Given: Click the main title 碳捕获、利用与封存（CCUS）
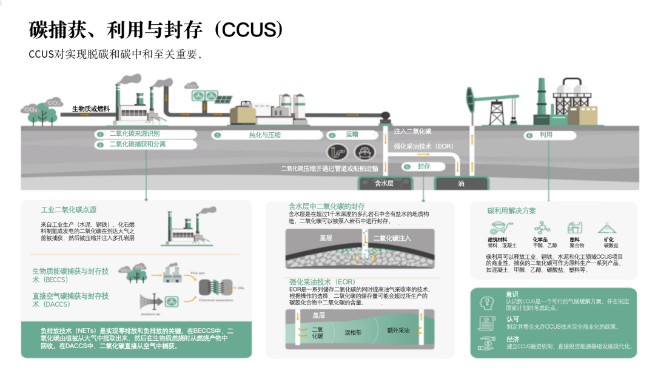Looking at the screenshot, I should [x=156, y=29].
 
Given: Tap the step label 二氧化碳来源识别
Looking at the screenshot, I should [x=135, y=133].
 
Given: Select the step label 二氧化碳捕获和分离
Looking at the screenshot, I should [x=137, y=144].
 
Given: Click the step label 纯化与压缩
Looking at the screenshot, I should [x=265, y=135].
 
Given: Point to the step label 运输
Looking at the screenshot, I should [x=352, y=135].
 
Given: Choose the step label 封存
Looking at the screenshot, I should [x=423, y=166].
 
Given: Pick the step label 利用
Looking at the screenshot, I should [x=546, y=135].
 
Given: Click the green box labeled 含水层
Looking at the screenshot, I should [x=385, y=183].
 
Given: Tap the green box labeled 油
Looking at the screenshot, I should [x=461, y=183].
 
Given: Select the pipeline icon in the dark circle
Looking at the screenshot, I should [x=336, y=152].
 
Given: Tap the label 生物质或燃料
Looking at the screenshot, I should [x=91, y=109].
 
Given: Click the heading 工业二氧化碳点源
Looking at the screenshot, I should [x=69, y=210].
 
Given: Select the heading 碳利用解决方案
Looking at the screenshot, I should [x=511, y=211].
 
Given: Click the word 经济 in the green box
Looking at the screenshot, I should [x=512, y=340].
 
